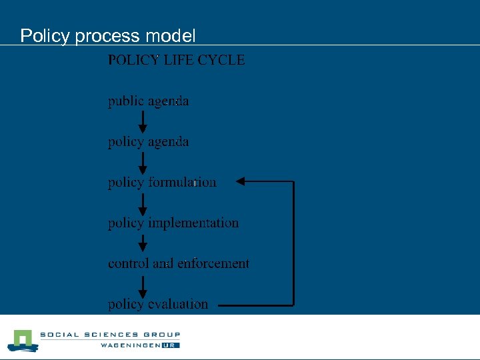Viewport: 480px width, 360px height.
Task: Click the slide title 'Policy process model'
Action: [108, 35]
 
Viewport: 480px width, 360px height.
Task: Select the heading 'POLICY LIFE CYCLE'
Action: [176, 60]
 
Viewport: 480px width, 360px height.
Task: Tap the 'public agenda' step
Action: [149, 101]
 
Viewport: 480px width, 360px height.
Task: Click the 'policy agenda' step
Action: [149, 142]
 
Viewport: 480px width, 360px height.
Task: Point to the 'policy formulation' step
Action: [162, 182]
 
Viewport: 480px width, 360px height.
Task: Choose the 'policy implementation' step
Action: [173, 223]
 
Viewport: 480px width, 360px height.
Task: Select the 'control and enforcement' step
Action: [179, 264]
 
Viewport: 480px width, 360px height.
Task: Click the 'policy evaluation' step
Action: [158, 305]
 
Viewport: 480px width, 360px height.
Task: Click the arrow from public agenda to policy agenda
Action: [143, 122]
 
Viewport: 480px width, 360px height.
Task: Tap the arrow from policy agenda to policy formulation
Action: [143, 163]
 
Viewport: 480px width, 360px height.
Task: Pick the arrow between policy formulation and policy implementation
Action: [143, 203]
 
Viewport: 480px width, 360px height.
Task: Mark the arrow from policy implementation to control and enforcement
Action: [143, 244]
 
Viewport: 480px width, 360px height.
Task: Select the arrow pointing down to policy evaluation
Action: [143, 285]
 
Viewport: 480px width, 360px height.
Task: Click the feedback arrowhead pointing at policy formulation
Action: [242, 181]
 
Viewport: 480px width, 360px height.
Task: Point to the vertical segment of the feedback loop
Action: [293, 243]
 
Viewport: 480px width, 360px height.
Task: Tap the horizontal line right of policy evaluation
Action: [256, 305]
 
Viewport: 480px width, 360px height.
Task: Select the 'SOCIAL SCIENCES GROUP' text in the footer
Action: [110, 335]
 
